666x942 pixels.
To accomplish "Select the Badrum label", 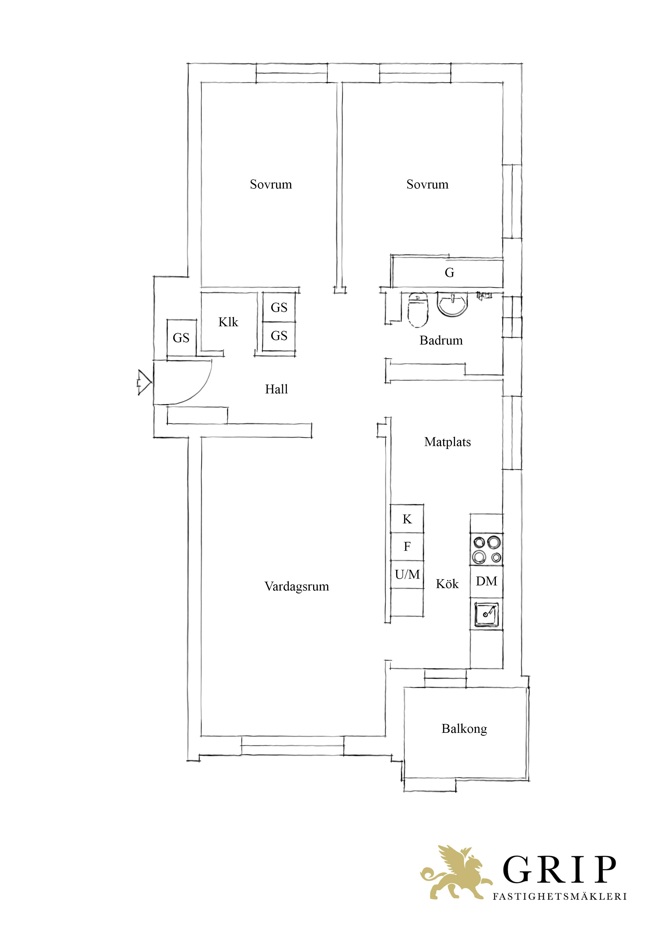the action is pyautogui.click(x=441, y=340).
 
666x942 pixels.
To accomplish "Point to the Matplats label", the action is pyautogui.click(x=447, y=442).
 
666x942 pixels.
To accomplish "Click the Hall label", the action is pyautogui.click(x=276, y=389).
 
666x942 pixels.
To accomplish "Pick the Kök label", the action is pyautogui.click(x=447, y=584).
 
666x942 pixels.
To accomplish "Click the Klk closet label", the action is pyautogui.click(x=228, y=322).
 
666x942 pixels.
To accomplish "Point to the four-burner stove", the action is pyautogui.click(x=487, y=550).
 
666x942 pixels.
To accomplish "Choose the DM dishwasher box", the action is pyautogui.click(x=487, y=581).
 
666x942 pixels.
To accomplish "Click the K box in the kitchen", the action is pyautogui.click(x=407, y=519).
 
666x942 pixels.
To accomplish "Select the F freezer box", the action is pyautogui.click(x=407, y=546).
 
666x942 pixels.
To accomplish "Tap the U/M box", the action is pyautogui.click(x=407, y=574).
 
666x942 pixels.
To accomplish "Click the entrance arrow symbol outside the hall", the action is pyautogui.click(x=144, y=383).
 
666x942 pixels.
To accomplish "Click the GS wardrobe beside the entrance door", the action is pyautogui.click(x=181, y=338).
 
